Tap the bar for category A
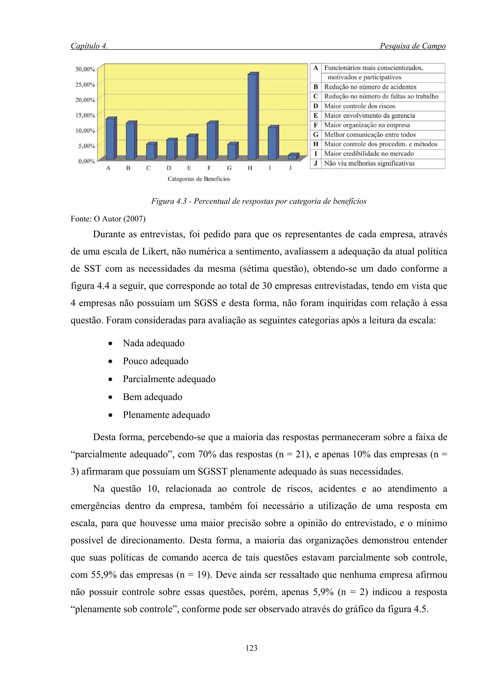110,138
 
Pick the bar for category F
212,141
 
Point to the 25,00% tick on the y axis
85,85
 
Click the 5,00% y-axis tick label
86,146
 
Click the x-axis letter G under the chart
229,168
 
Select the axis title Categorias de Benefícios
199,179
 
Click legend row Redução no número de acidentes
370,87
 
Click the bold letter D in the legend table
316,106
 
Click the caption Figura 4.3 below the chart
259,201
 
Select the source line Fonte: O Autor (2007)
108,219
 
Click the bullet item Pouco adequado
155,361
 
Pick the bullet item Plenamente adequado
166,415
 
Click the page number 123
251,648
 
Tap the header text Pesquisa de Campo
412,46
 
